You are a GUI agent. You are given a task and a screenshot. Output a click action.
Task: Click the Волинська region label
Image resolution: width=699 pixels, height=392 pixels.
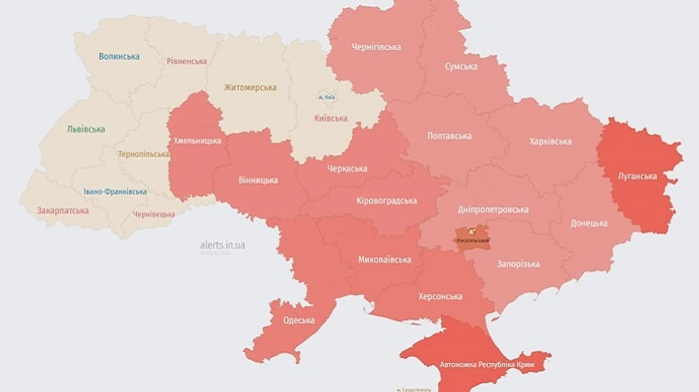click(119, 57)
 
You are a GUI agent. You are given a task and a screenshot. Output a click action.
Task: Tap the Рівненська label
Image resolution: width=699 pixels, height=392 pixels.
click(186, 61)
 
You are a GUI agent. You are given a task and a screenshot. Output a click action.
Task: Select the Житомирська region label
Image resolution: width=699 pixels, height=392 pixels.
click(250, 88)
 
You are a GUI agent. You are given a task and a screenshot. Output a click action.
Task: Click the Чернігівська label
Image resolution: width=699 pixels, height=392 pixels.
click(376, 47)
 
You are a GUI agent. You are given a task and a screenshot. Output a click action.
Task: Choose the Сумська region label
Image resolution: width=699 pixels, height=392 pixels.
click(461, 67)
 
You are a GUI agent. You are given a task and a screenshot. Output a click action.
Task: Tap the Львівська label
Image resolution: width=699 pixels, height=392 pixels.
click(85, 129)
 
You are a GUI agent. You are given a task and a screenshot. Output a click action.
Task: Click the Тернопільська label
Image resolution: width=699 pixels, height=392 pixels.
click(144, 154)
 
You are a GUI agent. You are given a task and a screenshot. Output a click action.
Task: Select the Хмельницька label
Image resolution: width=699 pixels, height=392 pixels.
click(196, 140)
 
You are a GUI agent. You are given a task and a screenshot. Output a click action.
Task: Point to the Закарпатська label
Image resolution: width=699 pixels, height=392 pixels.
click(62, 210)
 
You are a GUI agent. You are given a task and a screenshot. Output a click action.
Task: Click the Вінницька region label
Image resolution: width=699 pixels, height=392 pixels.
click(256, 180)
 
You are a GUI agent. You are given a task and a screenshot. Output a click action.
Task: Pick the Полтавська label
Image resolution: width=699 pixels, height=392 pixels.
click(449, 136)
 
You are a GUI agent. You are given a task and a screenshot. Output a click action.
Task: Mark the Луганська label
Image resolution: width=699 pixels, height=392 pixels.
click(637, 176)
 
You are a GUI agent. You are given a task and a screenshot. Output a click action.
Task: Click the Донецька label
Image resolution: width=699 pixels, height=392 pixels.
click(589, 223)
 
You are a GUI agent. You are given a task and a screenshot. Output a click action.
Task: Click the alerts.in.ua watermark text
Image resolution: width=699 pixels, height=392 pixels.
click(222, 245)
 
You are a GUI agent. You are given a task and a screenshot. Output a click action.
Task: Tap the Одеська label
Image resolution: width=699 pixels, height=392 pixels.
click(298, 320)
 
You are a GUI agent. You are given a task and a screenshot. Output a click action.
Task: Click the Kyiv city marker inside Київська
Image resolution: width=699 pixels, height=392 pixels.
click(327, 97)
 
